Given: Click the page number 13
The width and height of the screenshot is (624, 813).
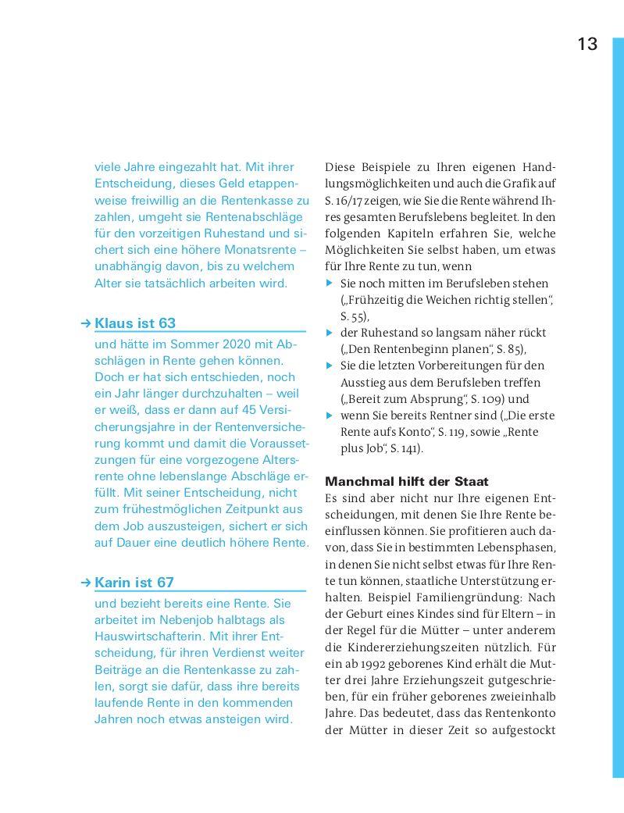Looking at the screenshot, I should tap(587, 44).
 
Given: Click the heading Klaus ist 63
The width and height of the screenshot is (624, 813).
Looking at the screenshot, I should tap(135, 323).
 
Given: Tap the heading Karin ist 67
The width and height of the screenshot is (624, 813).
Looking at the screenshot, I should tap(134, 583).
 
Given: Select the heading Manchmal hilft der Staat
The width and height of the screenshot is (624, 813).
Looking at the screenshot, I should tap(406, 481).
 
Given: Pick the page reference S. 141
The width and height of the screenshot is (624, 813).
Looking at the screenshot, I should tap(405, 449).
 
